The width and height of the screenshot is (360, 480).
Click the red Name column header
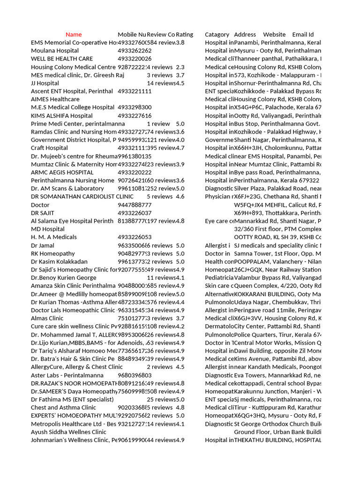point(74,35)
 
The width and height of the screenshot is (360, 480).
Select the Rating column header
point(184,35)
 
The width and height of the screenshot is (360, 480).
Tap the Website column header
point(274,35)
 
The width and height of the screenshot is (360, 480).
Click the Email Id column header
point(303,35)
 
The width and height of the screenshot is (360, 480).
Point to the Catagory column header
point(217,35)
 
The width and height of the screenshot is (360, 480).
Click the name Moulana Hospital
point(55,51)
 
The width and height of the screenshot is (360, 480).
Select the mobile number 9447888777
point(135,205)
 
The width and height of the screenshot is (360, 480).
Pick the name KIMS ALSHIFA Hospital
point(62,116)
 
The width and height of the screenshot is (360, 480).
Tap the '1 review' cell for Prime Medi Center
point(158,124)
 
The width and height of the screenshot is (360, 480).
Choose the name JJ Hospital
point(45,83)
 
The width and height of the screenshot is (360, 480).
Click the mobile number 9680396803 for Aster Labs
point(135,375)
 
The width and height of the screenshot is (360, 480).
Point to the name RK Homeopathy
point(53,254)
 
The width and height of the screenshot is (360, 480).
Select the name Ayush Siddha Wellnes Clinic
point(68,432)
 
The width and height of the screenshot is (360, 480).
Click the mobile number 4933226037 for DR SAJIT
point(135,213)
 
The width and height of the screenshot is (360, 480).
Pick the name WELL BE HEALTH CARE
point(62,59)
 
